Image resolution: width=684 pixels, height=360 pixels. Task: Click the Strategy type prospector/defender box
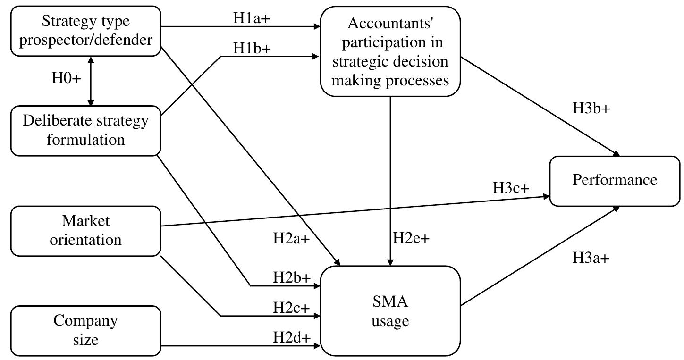pos(86,31)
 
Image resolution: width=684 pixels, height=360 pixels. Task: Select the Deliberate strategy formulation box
pos(86,131)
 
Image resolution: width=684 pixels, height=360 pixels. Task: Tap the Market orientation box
pos(86,231)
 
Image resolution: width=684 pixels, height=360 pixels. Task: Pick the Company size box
pos(86,331)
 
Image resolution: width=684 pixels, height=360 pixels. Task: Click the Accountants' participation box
pos(390,51)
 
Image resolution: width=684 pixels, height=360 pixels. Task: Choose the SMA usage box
pos(390,311)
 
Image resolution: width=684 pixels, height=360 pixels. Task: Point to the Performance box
pos(615,181)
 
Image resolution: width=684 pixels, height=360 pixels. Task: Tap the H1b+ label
pos(252,48)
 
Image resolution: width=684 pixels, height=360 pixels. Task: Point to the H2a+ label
pos(291,239)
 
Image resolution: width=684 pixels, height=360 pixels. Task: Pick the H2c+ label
pos(291,308)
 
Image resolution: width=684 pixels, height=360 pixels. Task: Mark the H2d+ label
pos(291,338)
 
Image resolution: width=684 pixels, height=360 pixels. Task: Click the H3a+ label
pos(591,258)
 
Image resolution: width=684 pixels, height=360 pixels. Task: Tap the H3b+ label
pos(591,108)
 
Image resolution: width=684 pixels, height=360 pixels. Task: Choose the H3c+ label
pos(511,188)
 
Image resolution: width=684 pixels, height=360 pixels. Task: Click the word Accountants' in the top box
pos(390,23)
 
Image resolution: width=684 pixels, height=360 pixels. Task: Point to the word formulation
pos(86,140)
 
